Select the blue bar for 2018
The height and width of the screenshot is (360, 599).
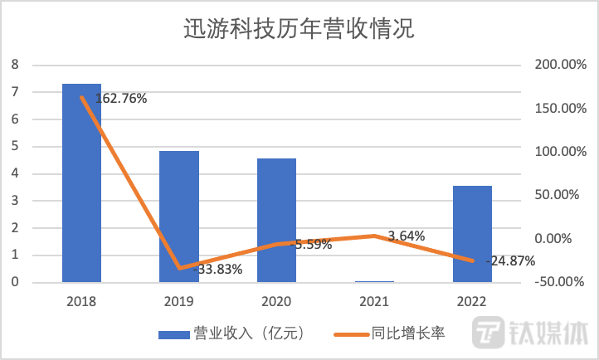pyautogui.click(x=81, y=182)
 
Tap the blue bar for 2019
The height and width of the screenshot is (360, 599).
pyautogui.click(x=179, y=216)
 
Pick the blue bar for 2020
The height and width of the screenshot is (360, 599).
pyautogui.click(x=276, y=220)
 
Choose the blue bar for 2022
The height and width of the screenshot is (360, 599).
pyautogui.click(x=471, y=234)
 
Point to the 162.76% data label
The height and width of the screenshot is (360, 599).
pyautogui.click(x=120, y=99)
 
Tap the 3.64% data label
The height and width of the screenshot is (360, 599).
pyautogui.click(x=406, y=236)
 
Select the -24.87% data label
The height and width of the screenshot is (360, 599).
pyautogui.click(x=509, y=260)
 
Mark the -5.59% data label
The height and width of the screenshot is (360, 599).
pyautogui.click(x=314, y=245)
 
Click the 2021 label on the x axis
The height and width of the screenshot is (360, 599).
pyautogui.click(x=374, y=301)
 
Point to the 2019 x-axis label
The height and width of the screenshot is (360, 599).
pyautogui.click(x=179, y=301)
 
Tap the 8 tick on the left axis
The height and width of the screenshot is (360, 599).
pyautogui.click(x=14, y=65)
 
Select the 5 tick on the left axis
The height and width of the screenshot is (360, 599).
pyautogui.click(x=14, y=147)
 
